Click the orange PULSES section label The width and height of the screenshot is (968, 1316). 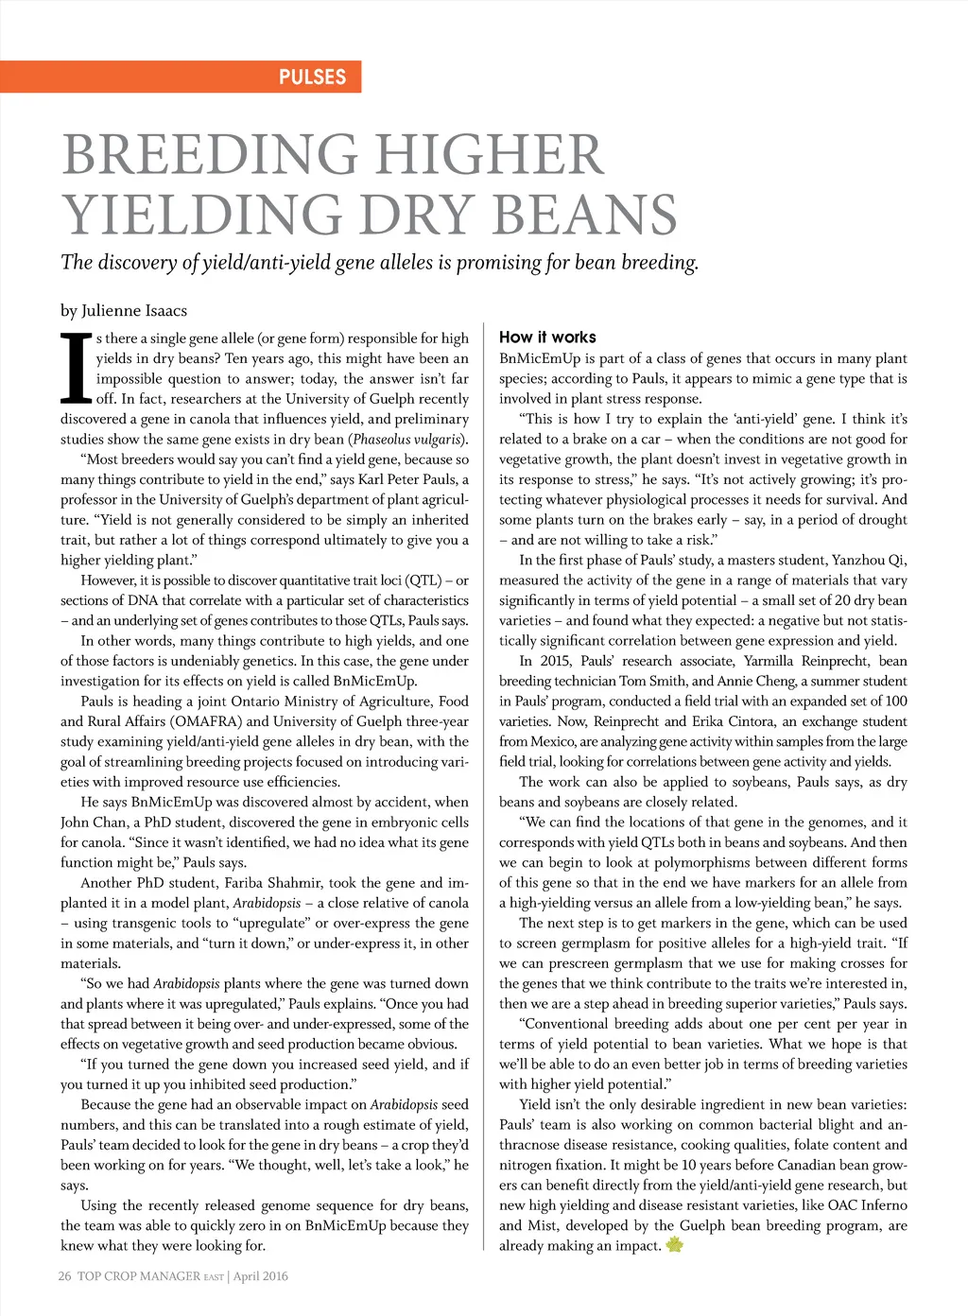point(312,78)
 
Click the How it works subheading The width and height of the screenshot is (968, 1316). point(547,337)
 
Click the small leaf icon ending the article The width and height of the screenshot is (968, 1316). point(674,1245)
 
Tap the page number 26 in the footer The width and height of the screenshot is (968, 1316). point(64,1276)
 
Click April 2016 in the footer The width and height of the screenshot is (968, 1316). point(260,1276)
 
